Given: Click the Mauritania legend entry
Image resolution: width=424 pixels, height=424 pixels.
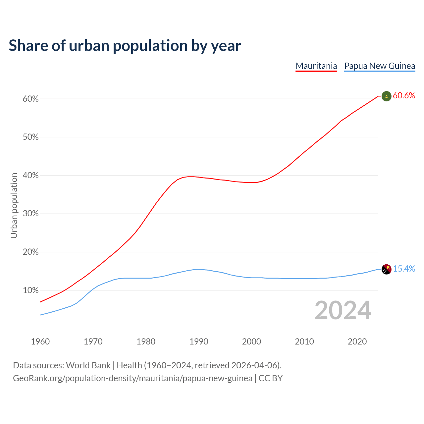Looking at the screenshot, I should [x=316, y=66].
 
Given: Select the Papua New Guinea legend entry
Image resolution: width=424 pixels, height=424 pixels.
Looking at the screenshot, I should [x=380, y=66].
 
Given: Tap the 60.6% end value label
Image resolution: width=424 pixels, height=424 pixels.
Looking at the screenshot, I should [x=404, y=96].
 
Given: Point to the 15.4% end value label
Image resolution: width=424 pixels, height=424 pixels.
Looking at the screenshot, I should [x=404, y=269].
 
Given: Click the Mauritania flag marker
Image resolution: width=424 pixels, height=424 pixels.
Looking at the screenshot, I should [x=387, y=96].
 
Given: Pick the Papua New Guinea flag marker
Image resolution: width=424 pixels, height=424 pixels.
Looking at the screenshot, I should [x=387, y=269].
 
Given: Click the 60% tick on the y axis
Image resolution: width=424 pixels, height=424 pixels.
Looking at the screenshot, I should [x=31, y=99].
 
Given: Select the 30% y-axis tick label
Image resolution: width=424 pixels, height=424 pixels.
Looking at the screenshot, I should [x=31, y=214].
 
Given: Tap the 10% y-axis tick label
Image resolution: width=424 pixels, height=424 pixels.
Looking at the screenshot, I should [x=31, y=291].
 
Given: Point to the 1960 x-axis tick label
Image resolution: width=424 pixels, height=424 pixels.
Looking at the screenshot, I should [x=40, y=342].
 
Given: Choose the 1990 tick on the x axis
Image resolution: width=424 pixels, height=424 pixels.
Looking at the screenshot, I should [x=199, y=342].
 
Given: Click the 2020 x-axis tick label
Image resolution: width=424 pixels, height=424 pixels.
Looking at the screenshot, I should [x=357, y=342].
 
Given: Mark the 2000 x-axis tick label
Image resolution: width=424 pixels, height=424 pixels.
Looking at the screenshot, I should [x=252, y=342].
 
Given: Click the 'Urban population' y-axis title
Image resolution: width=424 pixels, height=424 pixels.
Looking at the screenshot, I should [x=14, y=205].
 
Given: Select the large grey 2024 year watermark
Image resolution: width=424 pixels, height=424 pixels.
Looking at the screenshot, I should [x=343, y=310].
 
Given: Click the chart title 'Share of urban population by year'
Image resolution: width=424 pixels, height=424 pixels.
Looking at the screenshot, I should [x=125, y=46].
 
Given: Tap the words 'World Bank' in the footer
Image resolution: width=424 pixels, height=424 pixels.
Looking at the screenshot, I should [x=88, y=365].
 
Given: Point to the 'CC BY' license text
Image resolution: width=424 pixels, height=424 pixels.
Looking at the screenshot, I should [x=271, y=378].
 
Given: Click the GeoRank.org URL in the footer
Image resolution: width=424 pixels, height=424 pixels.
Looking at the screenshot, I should [x=132, y=378].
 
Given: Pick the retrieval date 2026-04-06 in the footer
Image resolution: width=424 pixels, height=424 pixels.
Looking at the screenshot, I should [x=254, y=365].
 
